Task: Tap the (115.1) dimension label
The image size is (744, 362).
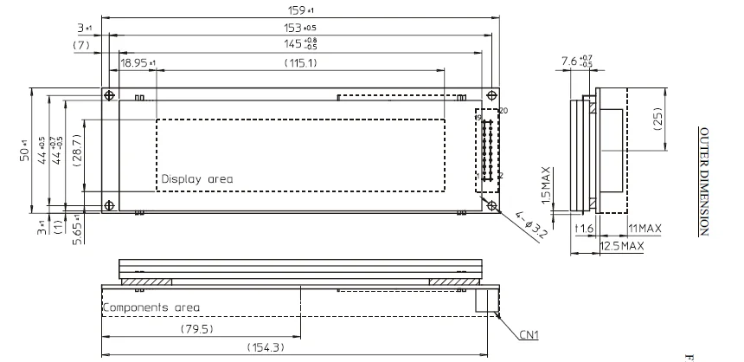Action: click(x=300, y=63)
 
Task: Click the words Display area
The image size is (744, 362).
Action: click(x=196, y=179)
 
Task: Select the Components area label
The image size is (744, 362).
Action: click(x=151, y=307)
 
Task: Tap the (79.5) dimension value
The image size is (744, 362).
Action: click(x=197, y=329)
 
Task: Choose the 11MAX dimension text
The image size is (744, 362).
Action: click(x=645, y=229)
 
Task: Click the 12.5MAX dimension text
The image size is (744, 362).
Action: click(x=623, y=246)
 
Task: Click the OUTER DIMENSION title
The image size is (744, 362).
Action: click(x=705, y=178)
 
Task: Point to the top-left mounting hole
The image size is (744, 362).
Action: click(x=110, y=94)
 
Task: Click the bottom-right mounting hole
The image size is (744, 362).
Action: click(x=491, y=205)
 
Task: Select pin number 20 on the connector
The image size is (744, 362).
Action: click(x=503, y=110)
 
